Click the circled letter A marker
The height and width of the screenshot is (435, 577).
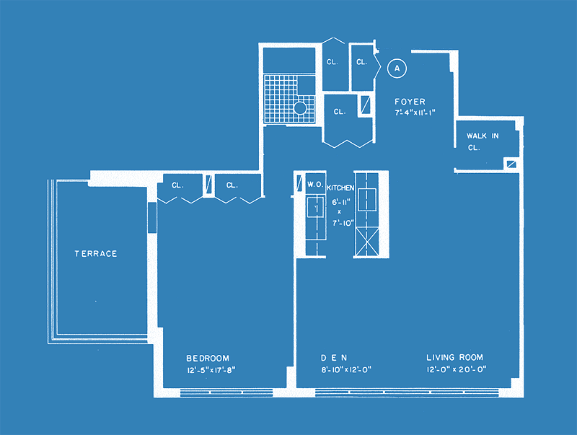click(x=397, y=68)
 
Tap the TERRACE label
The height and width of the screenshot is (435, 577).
click(x=96, y=253)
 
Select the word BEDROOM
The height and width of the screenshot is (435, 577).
click(x=208, y=358)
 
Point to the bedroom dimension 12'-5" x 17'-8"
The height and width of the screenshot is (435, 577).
click(x=211, y=370)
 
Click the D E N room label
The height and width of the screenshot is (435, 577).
click(x=334, y=358)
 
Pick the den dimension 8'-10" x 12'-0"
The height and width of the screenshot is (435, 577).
click(x=346, y=369)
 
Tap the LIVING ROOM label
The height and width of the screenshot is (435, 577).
click(x=454, y=357)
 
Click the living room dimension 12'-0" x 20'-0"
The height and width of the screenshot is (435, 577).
click(x=457, y=369)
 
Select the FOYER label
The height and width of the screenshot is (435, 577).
click(x=410, y=102)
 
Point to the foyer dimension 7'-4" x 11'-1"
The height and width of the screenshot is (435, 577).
click(x=415, y=113)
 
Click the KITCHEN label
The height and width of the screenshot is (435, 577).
click(x=340, y=188)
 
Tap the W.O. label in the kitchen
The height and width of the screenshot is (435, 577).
click(x=315, y=185)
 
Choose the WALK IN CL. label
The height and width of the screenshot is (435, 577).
click(x=483, y=141)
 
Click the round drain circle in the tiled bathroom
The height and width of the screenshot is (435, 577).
click(x=300, y=107)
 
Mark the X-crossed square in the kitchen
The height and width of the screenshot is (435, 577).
click(x=367, y=242)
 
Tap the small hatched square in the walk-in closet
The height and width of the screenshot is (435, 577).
click(x=511, y=164)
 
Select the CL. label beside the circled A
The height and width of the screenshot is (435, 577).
click(x=362, y=62)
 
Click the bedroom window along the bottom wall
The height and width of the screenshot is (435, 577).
click(x=226, y=392)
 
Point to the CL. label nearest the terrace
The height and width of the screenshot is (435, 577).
click(x=177, y=185)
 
